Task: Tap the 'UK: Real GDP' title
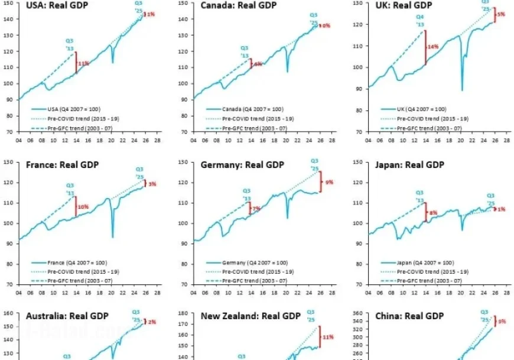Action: [x=404, y=7]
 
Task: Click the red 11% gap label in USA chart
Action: [x=83, y=63]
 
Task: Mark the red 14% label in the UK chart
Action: [x=432, y=46]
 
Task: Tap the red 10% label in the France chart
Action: [x=83, y=207]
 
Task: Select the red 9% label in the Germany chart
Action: [x=329, y=183]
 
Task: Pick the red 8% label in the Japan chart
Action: [x=433, y=213]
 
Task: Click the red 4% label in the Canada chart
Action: [x=257, y=64]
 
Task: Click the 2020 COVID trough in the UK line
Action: [x=461, y=90]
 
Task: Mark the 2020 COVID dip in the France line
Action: [x=112, y=237]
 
